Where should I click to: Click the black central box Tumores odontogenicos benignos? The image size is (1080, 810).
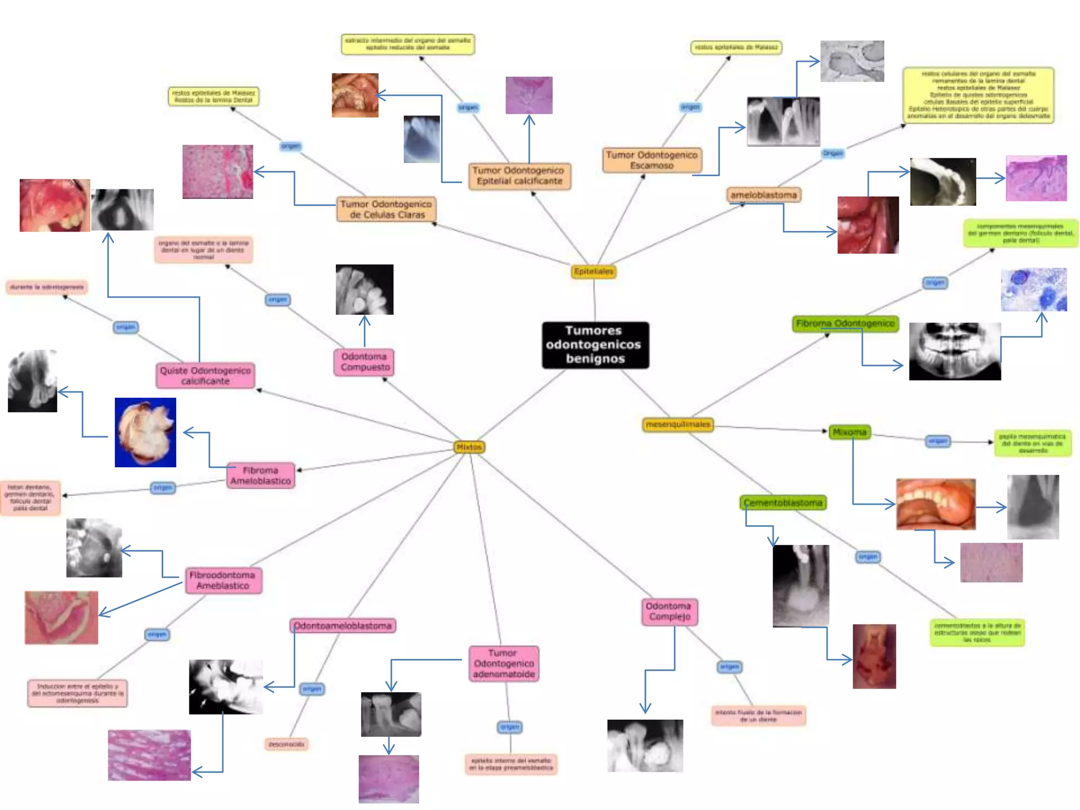[x=595, y=345]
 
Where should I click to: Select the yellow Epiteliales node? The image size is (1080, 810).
[x=594, y=272]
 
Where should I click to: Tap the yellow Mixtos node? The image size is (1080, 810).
[x=469, y=447]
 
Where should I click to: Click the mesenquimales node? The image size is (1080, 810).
[x=678, y=425]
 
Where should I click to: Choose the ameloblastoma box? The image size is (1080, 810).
[x=763, y=195]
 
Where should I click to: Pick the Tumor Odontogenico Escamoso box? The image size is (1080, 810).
[x=652, y=160]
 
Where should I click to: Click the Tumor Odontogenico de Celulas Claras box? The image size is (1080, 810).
[x=386, y=209]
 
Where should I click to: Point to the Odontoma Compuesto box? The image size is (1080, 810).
[x=364, y=362]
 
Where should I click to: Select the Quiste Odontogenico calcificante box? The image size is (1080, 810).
[x=205, y=375]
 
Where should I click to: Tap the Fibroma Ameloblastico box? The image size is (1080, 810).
[x=261, y=476]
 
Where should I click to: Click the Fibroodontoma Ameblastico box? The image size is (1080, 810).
[x=223, y=581]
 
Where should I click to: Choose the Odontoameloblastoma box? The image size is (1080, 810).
[x=343, y=626]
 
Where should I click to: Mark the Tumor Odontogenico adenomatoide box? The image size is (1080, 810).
[x=504, y=663]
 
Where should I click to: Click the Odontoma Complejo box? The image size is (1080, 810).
[x=669, y=612]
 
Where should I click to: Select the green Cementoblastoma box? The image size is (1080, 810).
[x=783, y=503]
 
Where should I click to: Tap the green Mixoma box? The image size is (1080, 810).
[x=849, y=432]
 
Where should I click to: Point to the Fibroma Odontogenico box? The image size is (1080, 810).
[x=845, y=323]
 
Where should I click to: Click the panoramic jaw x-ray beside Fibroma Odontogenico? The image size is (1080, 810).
[x=954, y=351]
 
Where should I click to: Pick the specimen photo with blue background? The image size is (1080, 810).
[x=146, y=432]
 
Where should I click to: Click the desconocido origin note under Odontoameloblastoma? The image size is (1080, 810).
[x=286, y=745]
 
